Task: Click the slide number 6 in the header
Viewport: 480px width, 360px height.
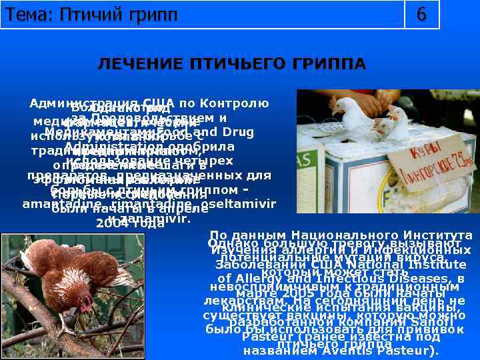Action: [x=421, y=14]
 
